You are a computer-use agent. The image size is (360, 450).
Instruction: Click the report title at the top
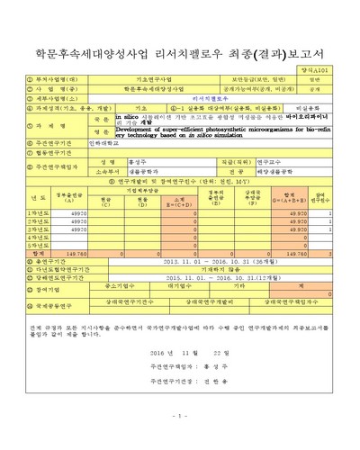pos(180,42)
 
